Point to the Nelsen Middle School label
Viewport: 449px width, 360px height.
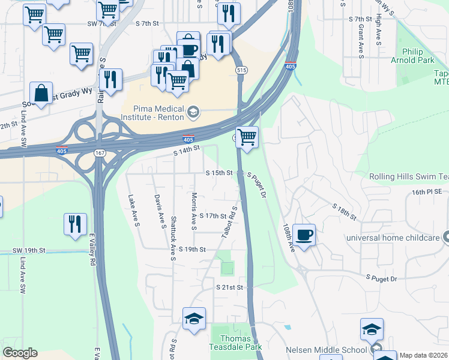(x=326, y=350)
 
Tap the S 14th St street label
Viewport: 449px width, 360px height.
(x=185, y=153)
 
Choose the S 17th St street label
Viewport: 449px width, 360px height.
(x=213, y=216)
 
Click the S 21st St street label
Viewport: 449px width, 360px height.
(x=229, y=288)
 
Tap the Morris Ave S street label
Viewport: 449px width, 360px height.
(x=194, y=211)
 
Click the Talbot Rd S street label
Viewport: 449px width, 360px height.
(x=229, y=226)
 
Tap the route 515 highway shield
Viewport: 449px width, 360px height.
(x=240, y=70)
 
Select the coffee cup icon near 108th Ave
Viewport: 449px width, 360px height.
(x=304, y=235)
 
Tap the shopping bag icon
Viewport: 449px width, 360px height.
(x=41, y=93)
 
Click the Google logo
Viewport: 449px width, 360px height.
(x=20, y=353)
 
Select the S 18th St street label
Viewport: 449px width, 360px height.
(x=343, y=211)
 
